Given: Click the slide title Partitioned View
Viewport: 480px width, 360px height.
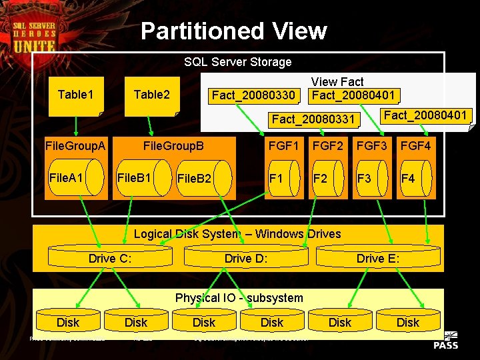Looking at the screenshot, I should (234, 31).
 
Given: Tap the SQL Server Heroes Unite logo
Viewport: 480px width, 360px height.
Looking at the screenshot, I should (34, 35).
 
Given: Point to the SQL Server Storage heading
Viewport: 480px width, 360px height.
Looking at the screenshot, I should (238, 62).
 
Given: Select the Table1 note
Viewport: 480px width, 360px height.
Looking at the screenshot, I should (76, 95).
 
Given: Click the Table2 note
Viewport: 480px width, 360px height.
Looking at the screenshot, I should (152, 95).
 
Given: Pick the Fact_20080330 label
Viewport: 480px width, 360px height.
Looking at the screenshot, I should (253, 96).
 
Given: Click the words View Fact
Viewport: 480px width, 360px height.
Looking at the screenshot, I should (337, 82).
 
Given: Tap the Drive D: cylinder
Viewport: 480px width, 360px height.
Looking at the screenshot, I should (246, 259).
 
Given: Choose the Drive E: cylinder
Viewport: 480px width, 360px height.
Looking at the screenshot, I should (378, 259).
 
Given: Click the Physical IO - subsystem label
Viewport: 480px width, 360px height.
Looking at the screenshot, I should (239, 298).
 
